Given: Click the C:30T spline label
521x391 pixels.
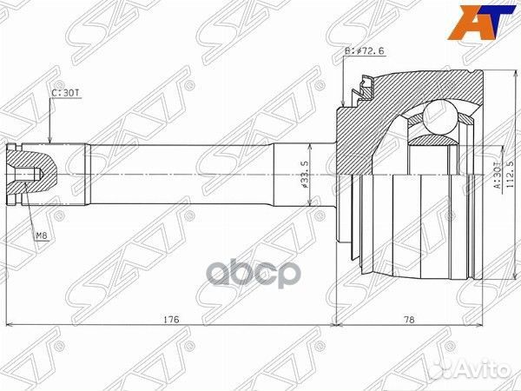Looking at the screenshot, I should (65, 90).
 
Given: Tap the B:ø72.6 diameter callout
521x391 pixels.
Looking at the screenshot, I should (366, 51).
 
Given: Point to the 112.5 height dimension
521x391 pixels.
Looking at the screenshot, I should (510, 174).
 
